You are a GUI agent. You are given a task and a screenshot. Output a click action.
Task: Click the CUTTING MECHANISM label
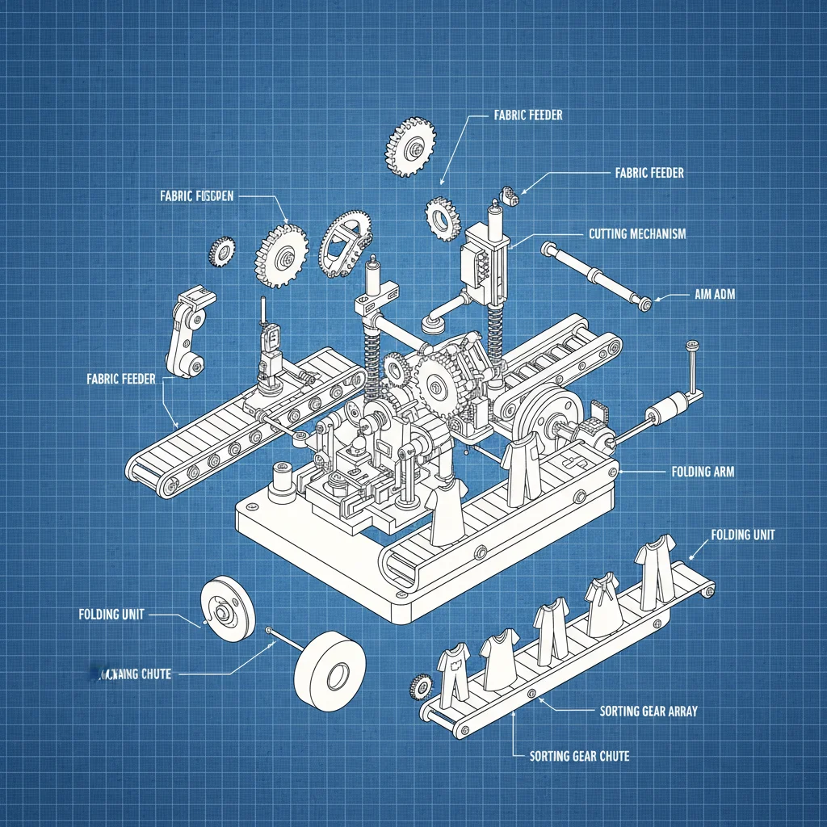[x=636, y=234]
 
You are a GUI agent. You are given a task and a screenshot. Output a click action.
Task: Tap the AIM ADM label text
[x=715, y=296]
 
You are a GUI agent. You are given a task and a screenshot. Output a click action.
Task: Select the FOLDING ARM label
[x=703, y=471]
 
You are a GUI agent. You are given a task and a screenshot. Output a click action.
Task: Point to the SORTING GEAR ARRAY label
[x=649, y=712]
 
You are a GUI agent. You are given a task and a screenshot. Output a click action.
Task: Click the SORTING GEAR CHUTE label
[x=579, y=756]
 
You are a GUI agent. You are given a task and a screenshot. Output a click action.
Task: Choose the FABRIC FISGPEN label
[x=197, y=196]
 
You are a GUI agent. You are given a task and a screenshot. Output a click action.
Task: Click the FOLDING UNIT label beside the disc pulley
[x=111, y=615]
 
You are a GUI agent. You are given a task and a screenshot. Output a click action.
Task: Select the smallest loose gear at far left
[x=220, y=251]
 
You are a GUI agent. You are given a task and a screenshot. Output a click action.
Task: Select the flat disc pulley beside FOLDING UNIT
[x=227, y=609]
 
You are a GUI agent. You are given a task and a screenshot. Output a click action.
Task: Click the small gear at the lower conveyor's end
[x=421, y=687]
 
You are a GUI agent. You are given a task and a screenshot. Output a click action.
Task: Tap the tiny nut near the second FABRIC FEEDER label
[x=510, y=193]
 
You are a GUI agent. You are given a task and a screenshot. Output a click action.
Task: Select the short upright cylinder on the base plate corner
[x=283, y=476]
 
